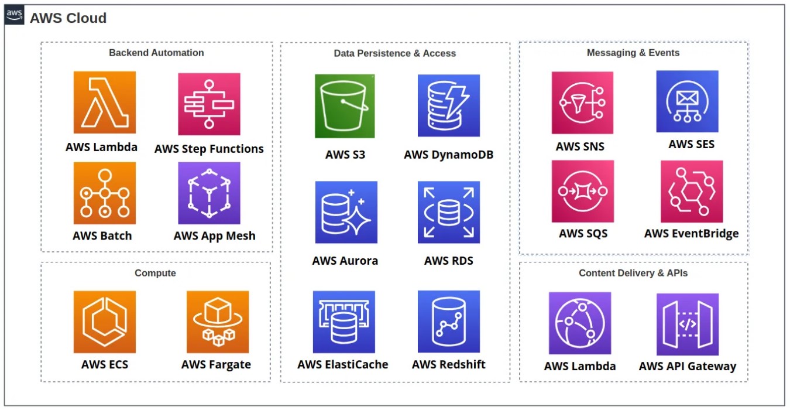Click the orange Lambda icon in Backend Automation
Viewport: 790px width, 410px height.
[x=105, y=102]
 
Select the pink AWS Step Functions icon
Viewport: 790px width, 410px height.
[x=209, y=104]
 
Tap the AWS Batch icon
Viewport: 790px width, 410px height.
[x=105, y=193]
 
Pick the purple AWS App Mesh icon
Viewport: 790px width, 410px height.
[x=209, y=193]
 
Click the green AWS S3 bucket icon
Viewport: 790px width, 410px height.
[x=345, y=106]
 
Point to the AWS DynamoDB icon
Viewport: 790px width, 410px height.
[x=449, y=105]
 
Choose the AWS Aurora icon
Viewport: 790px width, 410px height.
[x=346, y=212]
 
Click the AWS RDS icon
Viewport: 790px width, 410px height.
[x=449, y=212]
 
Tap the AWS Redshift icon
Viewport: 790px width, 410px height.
[x=449, y=322]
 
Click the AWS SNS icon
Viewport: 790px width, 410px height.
[x=582, y=103]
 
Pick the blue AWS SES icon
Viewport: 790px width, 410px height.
[x=687, y=101]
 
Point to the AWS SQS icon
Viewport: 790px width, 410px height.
[x=582, y=192]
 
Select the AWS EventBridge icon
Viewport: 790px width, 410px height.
[x=692, y=192]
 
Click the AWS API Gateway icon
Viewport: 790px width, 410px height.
[x=688, y=324]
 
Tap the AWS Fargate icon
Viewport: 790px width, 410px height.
[x=218, y=322]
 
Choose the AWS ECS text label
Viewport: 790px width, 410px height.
[x=105, y=364]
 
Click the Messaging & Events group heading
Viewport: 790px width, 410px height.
[x=633, y=53]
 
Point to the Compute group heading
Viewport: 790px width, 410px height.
[x=155, y=273]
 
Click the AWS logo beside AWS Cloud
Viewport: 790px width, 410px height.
[x=15, y=16]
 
